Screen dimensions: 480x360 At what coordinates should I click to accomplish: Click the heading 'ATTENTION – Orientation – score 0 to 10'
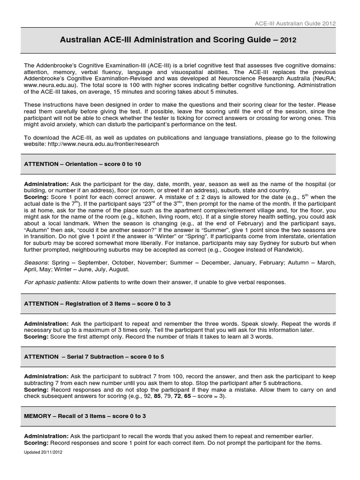pos(82,165)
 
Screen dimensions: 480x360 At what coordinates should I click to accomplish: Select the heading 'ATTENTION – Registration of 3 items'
pos(97,304)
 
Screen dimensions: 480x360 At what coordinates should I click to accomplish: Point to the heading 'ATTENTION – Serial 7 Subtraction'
pos(94,357)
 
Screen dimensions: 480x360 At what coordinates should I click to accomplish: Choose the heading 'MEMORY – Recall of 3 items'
pos(85,416)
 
